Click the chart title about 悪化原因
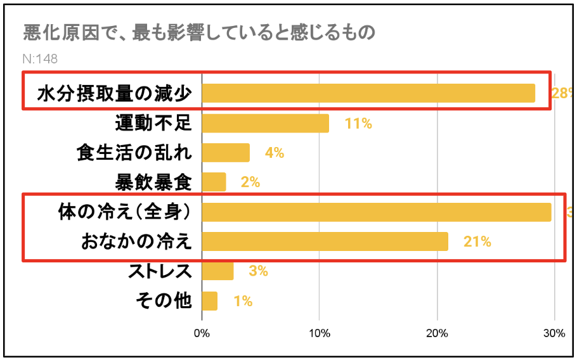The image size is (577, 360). pos(199,32)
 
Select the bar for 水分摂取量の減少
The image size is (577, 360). pos(368,93)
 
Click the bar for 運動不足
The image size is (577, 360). pos(265,124)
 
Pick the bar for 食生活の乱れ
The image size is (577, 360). pos(226,153)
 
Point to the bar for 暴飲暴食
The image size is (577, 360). pos(214,183)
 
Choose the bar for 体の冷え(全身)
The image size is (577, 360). pos(377,212)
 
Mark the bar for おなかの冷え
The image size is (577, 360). pos(325,241)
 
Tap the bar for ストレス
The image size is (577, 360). pos(217,271)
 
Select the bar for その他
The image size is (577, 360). pos(209,300)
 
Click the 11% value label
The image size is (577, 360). pos(358,124)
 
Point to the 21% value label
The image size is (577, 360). pos(477,241)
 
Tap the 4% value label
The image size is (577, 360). pos(274,153)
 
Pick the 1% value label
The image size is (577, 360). pos(242,301)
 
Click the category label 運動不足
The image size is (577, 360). pos(153,123)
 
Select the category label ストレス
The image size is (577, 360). pos(160,271)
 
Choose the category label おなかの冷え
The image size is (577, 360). pos(136,241)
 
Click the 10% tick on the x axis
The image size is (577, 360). pos(319,333)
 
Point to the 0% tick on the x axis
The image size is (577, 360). pos(202,333)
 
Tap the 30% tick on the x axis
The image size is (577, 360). pos(554,333)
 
